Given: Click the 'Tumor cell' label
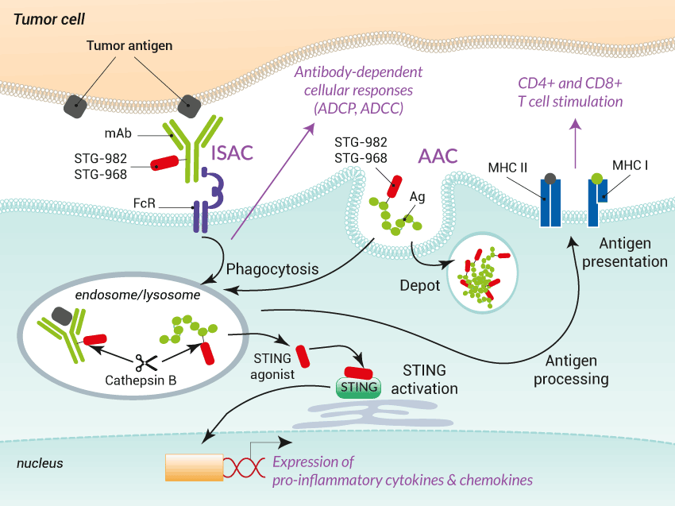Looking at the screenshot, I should (x=49, y=17).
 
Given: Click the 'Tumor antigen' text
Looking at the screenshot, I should (x=129, y=46).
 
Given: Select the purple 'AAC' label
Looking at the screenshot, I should (x=438, y=156).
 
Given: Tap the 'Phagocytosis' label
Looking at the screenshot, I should (x=272, y=268).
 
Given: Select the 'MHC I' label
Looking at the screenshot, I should (x=631, y=166).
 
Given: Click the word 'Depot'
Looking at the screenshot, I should (x=420, y=285).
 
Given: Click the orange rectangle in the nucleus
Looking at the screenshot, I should (x=194, y=466).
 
